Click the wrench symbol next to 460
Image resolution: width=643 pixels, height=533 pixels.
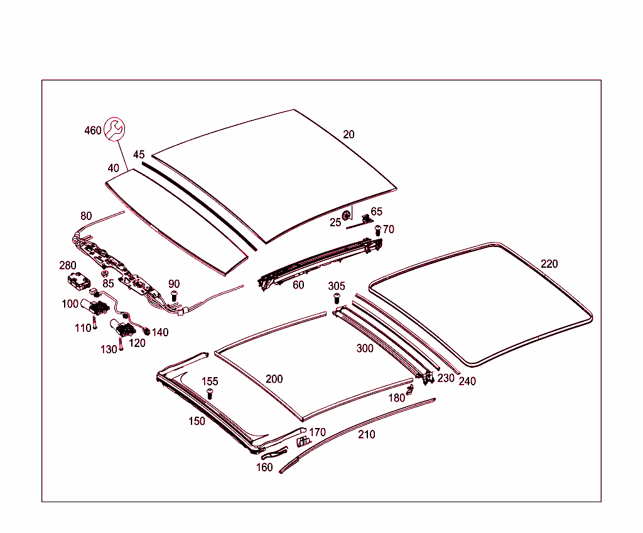(114, 128)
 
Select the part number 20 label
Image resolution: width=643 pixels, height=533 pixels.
(349, 135)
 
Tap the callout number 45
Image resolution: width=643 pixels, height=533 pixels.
(139, 155)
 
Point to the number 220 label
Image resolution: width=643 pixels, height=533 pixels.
(549, 264)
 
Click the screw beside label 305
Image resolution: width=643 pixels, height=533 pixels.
(337, 297)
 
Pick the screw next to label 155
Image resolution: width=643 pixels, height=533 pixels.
(210, 394)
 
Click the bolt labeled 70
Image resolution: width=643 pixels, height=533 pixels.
(378, 231)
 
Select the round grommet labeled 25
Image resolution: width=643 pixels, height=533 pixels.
(346, 217)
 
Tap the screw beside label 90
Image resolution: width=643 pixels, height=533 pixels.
(175, 295)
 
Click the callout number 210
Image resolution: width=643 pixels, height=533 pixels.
(367, 434)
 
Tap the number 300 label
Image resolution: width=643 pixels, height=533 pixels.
(365, 348)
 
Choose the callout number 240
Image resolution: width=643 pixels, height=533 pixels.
(467, 381)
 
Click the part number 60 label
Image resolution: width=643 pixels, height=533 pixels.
(298, 285)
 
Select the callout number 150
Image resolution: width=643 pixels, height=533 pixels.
(197, 421)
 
